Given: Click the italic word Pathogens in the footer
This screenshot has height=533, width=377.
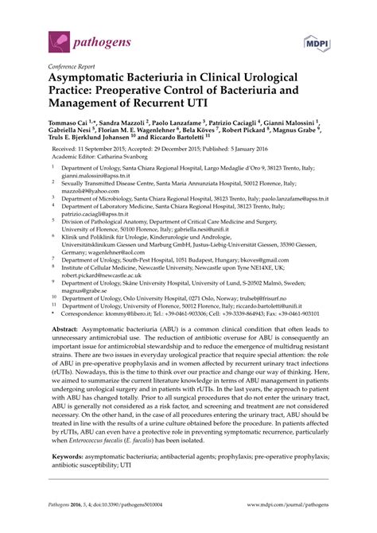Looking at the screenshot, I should pyautogui.click(x=64, y=515).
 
